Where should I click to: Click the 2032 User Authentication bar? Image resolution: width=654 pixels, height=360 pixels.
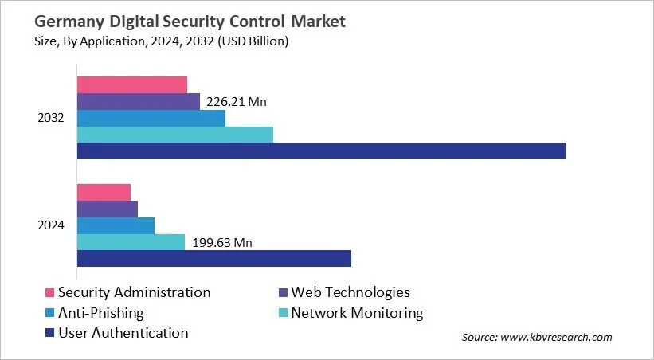(321, 151)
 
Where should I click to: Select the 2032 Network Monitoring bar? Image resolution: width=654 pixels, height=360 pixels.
(174, 135)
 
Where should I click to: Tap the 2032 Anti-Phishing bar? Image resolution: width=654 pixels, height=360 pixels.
(151, 118)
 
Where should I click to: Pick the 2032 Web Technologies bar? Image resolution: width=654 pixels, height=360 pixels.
(138, 101)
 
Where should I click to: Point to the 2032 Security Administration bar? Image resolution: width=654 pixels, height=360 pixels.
(131, 85)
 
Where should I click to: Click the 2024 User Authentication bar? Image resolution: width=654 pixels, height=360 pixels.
(213, 258)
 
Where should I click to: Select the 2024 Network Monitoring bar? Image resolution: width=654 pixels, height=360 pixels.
(131, 241)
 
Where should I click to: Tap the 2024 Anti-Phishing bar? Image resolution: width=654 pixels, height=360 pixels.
(116, 225)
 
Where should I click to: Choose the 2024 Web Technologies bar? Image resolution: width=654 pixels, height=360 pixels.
(107, 209)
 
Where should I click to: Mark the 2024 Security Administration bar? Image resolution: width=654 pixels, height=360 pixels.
(104, 192)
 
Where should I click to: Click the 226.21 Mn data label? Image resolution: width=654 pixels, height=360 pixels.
(237, 102)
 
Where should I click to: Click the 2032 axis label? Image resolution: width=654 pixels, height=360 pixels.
(51, 118)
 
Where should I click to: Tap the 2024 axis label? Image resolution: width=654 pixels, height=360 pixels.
(51, 225)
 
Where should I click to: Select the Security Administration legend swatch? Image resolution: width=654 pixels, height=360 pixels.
(49, 293)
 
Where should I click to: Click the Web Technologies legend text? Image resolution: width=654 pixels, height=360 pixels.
(350, 292)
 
